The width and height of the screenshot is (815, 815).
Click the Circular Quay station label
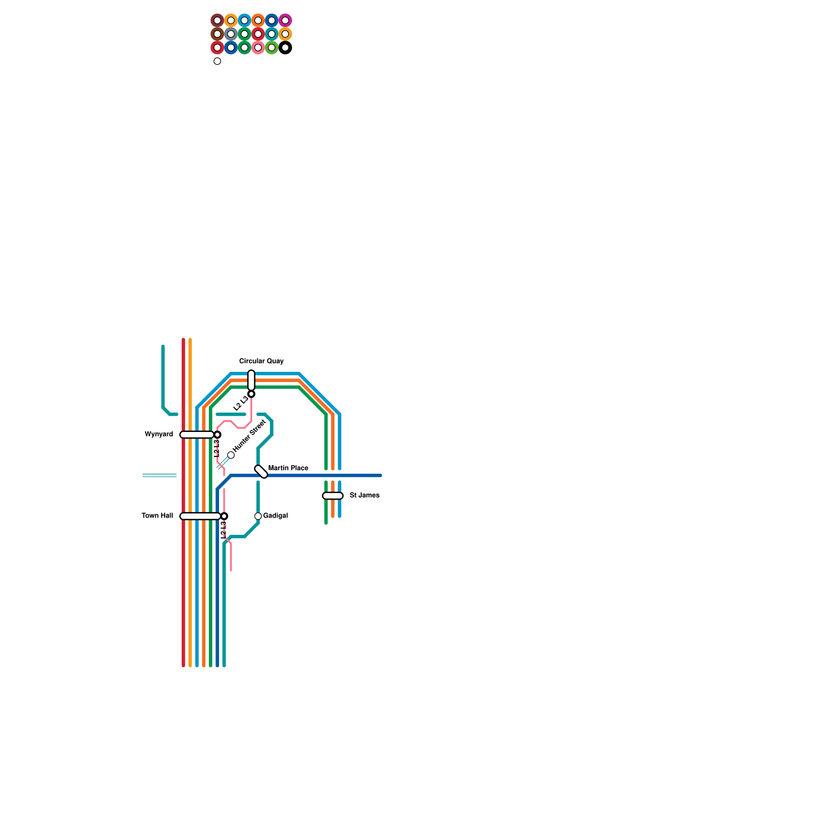coord(261,361)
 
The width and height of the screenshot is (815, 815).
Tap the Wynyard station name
coord(159,434)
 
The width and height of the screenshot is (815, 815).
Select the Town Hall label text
coord(157,516)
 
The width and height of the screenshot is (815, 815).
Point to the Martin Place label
coord(288,468)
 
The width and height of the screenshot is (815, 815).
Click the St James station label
coord(364,496)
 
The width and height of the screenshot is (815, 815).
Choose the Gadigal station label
coord(276,516)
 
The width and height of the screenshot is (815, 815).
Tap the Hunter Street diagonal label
coord(249,436)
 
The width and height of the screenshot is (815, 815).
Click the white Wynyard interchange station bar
coord(197,434)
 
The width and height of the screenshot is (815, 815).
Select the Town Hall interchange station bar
coord(200,516)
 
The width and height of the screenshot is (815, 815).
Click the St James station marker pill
coord(333,496)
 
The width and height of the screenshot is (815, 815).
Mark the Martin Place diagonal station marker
coord(261,472)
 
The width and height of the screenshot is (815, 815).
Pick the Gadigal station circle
coord(258,516)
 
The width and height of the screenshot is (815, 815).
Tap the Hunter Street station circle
coord(231,455)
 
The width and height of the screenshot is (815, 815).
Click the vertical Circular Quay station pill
coord(251,380)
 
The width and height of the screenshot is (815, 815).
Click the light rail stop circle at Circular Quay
coord(251,394)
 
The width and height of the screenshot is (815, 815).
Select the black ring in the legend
coord(285,48)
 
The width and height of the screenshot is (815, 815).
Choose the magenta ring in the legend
coord(285,20)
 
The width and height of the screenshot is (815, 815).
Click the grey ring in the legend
coord(231,34)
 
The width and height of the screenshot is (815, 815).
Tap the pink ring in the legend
coord(258,48)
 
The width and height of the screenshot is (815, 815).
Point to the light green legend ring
coord(271,48)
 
